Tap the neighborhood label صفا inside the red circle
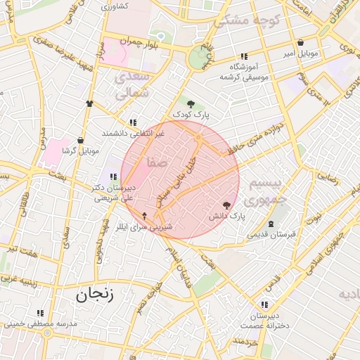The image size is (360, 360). click(x=157, y=162)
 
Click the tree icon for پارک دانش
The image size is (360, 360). click(x=226, y=205)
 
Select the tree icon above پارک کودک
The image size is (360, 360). click(x=191, y=104)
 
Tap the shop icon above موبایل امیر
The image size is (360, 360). click(x=301, y=42)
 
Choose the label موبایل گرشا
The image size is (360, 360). click(x=78, y=151)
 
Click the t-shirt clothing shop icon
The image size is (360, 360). click(x=89, y=103)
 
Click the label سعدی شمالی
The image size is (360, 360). click(x=131, y=84)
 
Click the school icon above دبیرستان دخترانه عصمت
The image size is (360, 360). click(x=264, y=304)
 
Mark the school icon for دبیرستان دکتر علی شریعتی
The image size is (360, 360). click(x=113, y=176)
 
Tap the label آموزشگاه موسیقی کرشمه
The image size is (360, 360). click(x=245, y=70)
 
